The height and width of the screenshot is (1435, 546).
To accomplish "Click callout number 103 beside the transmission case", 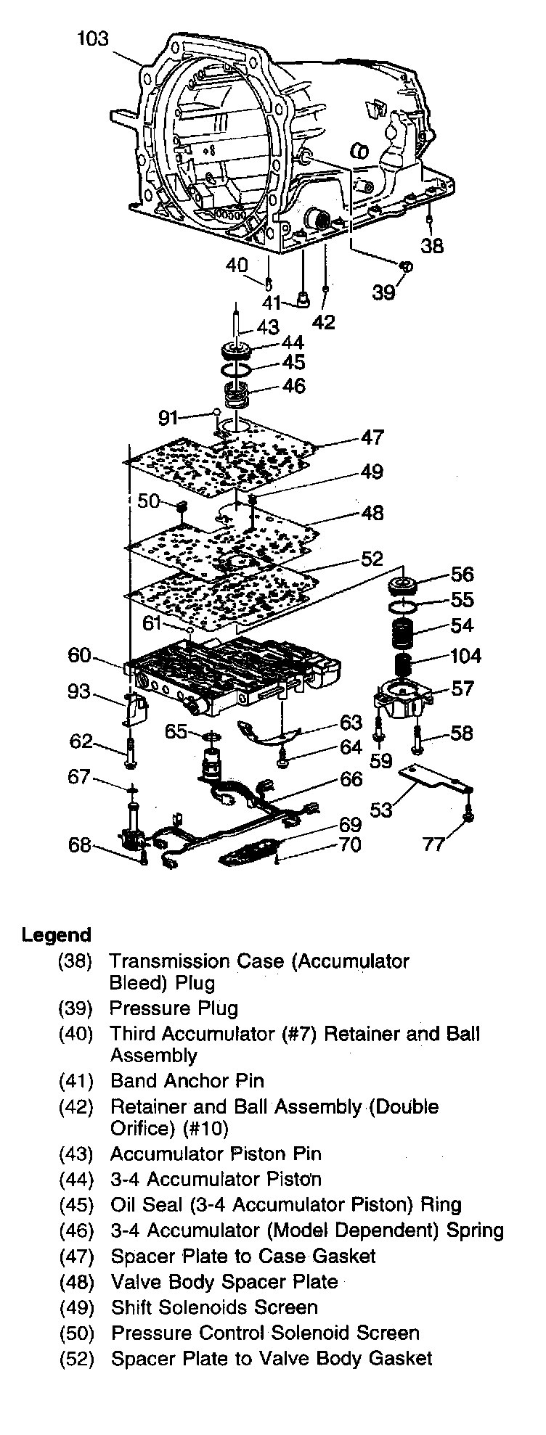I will click(93, 38).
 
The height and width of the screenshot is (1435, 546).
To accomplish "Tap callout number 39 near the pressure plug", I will click(384, 292).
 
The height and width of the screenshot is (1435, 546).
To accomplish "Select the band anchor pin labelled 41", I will click(301, 299).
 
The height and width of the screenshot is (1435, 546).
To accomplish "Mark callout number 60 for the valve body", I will click(79, 656).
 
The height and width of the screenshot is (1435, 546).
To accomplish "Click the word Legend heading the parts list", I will click(57, 934).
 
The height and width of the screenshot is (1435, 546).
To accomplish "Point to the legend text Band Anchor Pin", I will click(187, 1081).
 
